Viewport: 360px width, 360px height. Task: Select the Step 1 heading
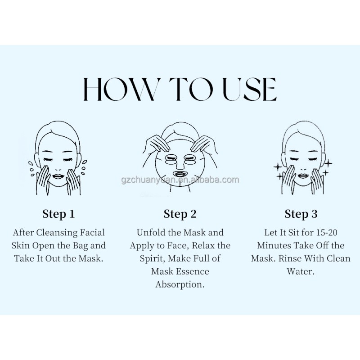[x=58, y=214]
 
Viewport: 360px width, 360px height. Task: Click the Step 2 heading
[x=180, y=214]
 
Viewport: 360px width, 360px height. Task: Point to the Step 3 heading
[x=301, y=214]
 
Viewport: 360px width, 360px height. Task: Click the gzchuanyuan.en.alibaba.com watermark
[x=180, y=180]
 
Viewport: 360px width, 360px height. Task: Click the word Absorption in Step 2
[x=180, y=285]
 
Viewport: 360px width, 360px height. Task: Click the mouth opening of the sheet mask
[x=180, y=172]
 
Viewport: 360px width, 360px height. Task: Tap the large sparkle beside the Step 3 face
[x=329, y=163]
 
